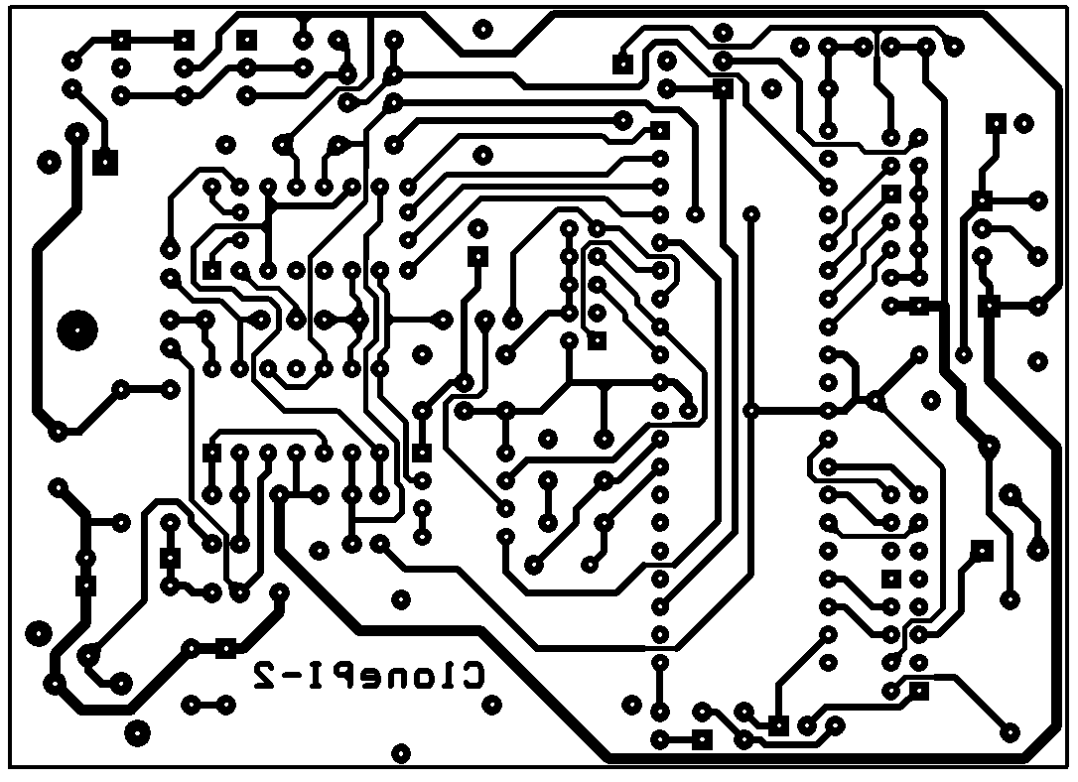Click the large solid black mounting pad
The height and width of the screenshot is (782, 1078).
point(77,330)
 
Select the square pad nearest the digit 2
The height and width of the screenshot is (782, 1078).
point(225,647)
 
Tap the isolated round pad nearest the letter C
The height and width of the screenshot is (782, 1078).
point(491,705)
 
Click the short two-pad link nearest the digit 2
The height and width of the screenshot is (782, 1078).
point(207,705)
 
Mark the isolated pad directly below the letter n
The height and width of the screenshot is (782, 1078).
point(401,753)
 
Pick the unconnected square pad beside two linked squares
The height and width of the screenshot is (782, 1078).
point(246,40)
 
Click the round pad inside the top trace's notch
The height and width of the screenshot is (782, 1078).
point(483,30)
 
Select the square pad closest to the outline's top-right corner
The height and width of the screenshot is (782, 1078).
point(996,124)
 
